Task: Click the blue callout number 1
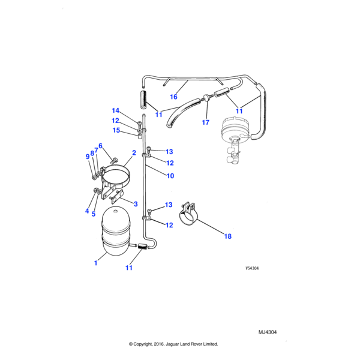coord(96,263)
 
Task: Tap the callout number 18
coord(228,236)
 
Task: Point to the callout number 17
coord(205,122)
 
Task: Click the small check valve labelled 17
coord(207,98)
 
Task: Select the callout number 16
coord(173,97)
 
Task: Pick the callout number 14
coord(115,110)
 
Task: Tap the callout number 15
coord(116,130)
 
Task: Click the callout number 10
coord(170,176)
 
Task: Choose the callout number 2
coord(134,152)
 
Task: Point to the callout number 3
coord(136,204)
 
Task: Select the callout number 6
coord(100,146)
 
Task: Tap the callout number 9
coord(88,157)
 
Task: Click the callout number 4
coord(87,211)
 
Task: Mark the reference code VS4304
coord(252,268)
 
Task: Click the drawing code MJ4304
coord(268,332)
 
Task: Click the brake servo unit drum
coord(233,128)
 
